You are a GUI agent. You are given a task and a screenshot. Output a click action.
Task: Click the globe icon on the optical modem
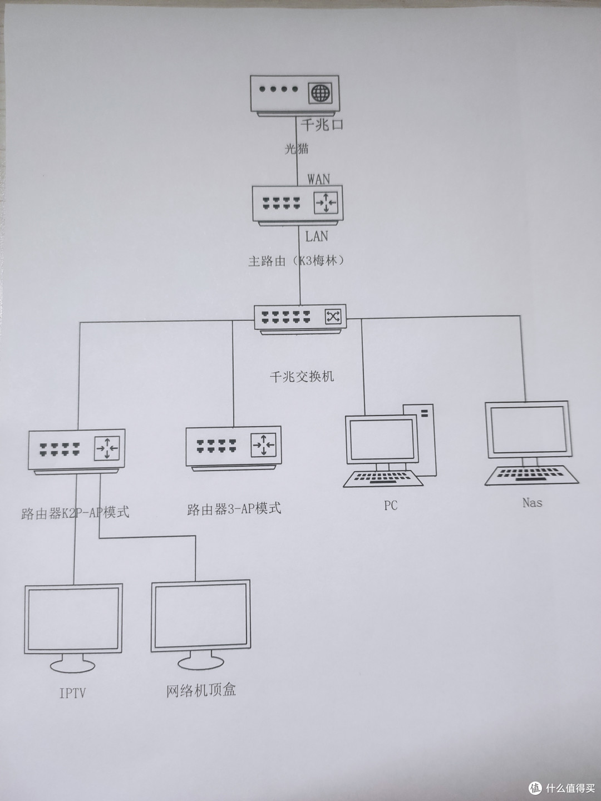(x=320, y=92)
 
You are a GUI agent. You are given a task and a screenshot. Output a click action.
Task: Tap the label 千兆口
(x=322, y=124)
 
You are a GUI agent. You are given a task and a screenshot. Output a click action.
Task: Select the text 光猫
(x=297, y=149)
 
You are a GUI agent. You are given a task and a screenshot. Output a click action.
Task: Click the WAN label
(x=318, y=179)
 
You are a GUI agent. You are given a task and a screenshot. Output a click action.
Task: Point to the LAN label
(x=317, y=236)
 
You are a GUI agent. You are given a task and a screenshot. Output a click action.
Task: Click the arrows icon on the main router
(x=326, y=203)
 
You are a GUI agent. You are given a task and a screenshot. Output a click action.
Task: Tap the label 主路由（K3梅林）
(x=296, y=260)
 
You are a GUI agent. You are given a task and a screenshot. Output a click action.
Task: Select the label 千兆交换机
(x=302, y=377)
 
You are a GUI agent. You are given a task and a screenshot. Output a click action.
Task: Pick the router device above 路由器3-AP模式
(x=233, y=447)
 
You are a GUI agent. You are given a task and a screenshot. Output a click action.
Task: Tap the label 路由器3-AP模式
(x=234, y=508)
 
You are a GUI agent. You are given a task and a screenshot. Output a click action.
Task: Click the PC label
(x=391, y=506)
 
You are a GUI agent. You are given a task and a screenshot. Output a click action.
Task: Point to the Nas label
(x=532, y=502)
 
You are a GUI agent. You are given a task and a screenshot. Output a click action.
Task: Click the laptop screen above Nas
(x=528, y=429)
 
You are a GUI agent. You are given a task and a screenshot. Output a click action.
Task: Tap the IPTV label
(x=73, y=693)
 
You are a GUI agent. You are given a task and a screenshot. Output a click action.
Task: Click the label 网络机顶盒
(x=201, y=690)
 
